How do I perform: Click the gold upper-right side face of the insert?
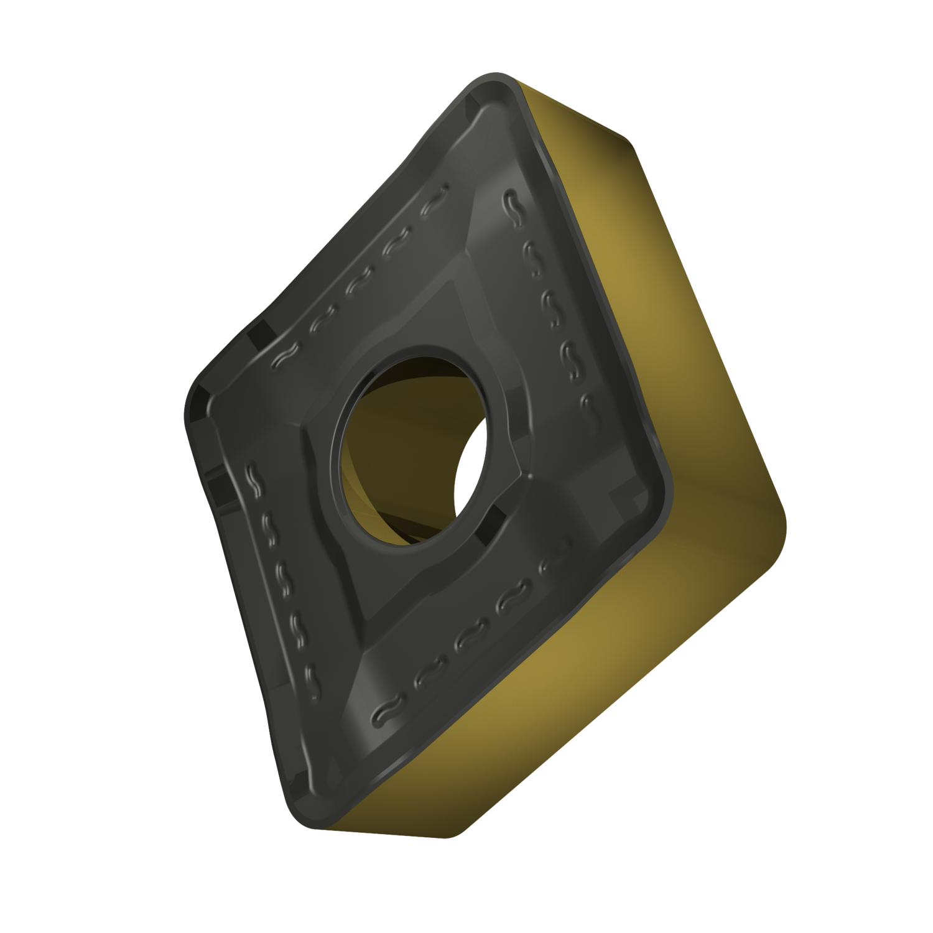[x=622, y=249]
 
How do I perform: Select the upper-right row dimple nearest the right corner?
[x=587, y=404]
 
